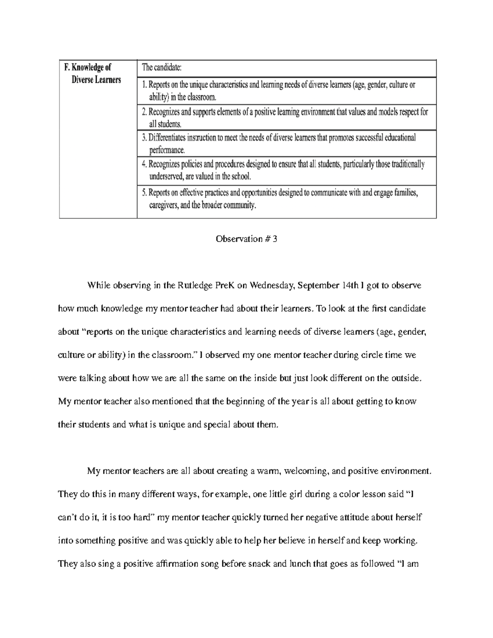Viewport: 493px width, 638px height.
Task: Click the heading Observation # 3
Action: (246, 239)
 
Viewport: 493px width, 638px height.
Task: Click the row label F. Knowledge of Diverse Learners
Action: (91, 73)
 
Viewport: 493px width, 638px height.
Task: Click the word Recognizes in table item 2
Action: (164, 112)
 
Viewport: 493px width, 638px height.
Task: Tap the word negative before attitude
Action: (343, 518)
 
